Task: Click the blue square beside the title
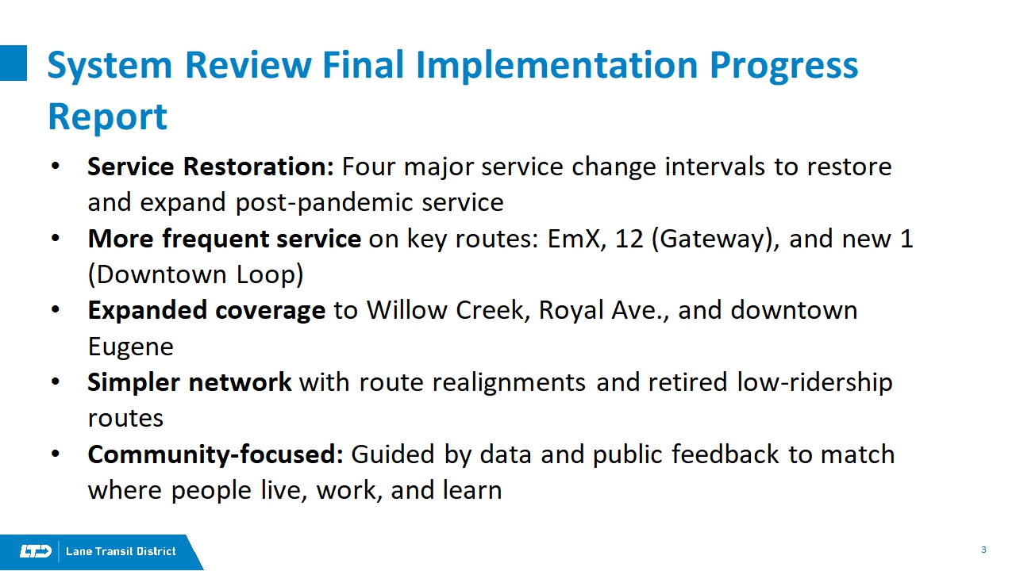[13, 63]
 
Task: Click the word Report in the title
[107, 117]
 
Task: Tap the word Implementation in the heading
[556, 66]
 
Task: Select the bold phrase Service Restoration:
[210, 167]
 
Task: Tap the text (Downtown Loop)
[195, 274]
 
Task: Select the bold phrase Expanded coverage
[206, 311]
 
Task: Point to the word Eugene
[131, 347]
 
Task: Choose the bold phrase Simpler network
[190, 382]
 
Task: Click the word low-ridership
[814, 382]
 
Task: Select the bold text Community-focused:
[215, 454]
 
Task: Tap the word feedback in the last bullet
[725, 454]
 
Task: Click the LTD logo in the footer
[36, 551]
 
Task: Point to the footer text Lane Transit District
[121, 551]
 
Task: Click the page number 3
[983, 550]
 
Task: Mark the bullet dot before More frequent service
[56, 239]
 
